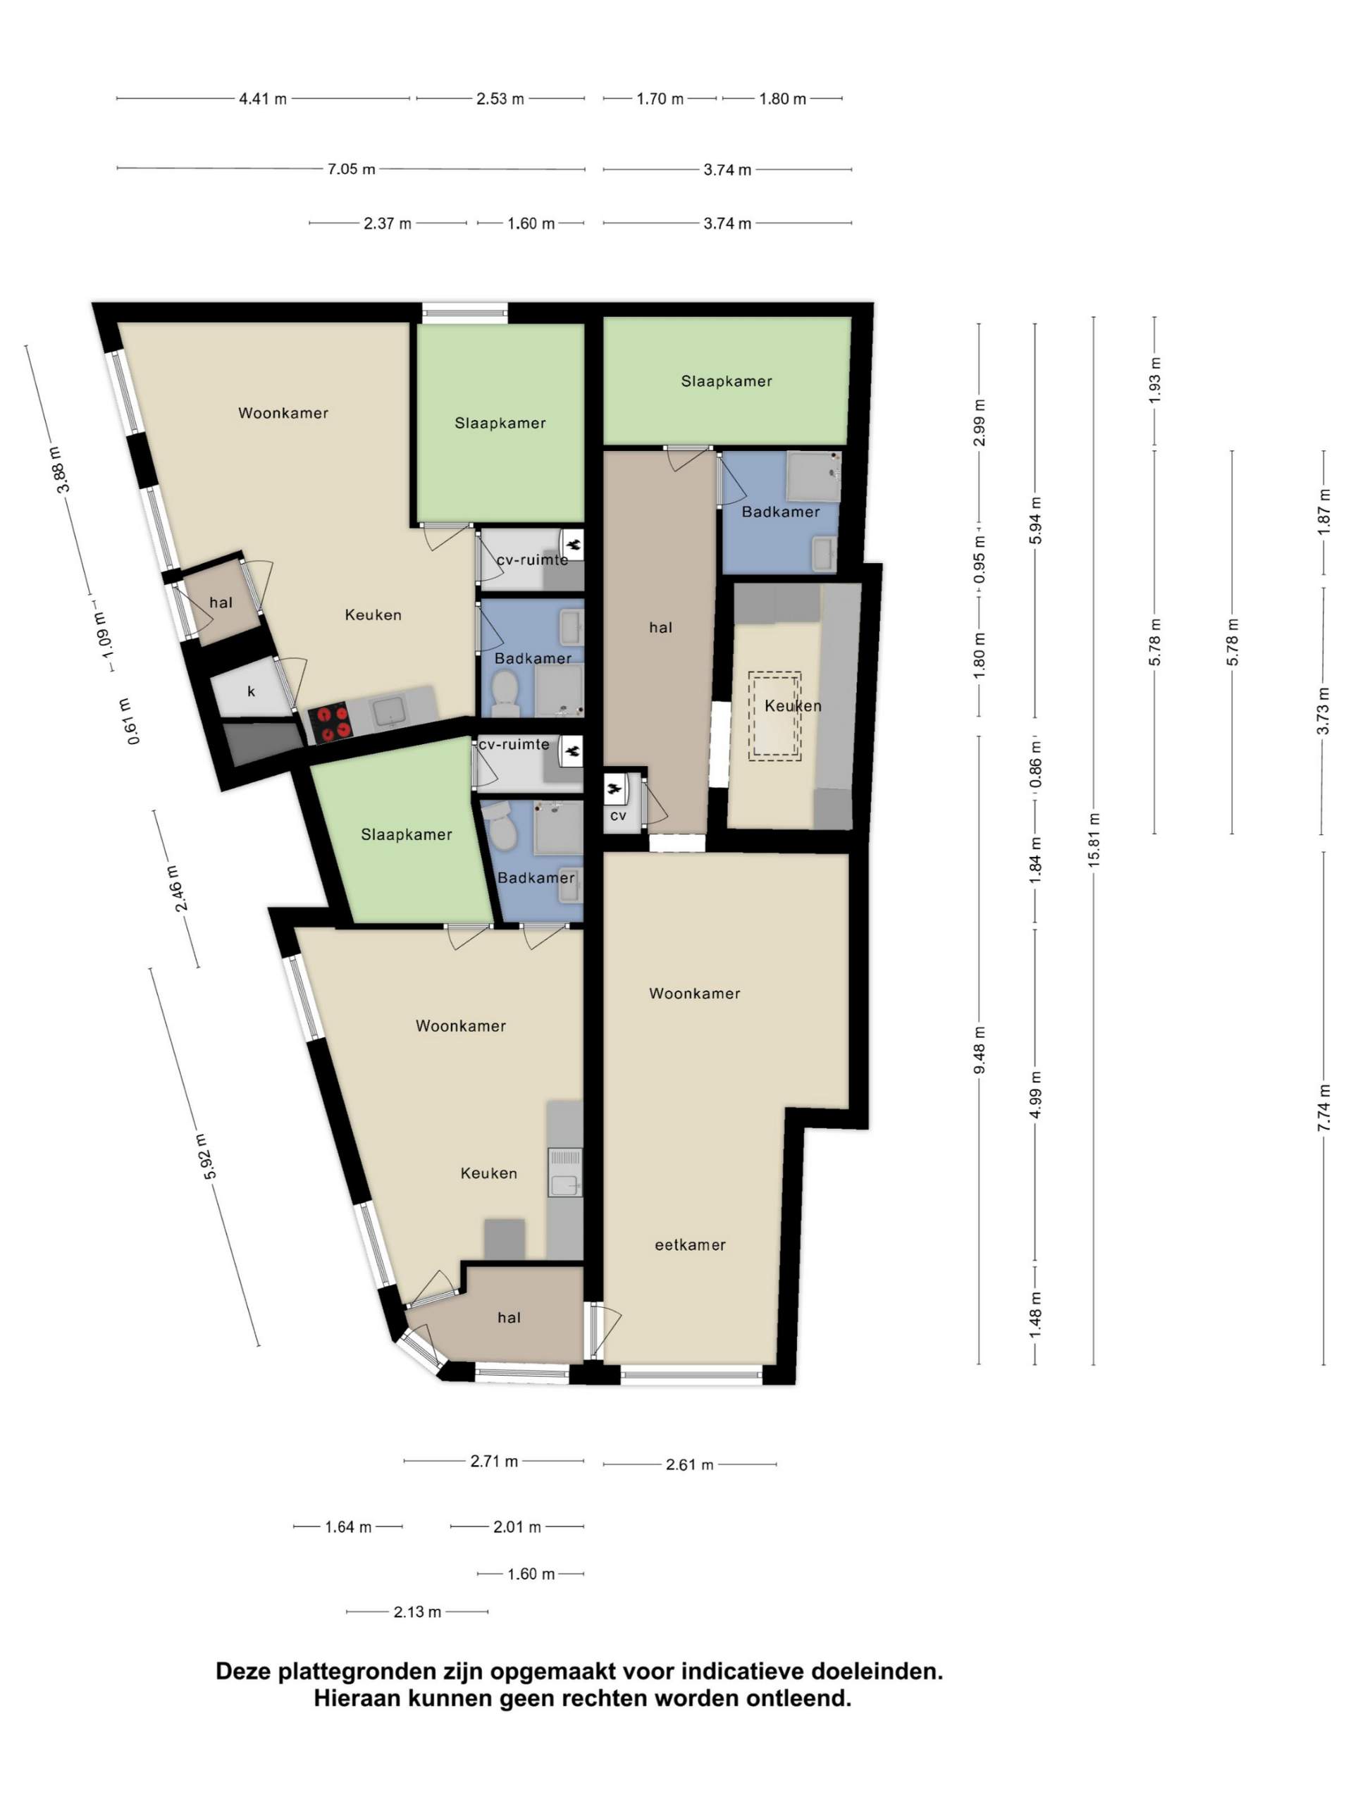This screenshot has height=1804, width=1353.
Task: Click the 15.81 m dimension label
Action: pos(1093,839)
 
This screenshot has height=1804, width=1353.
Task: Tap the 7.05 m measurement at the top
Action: pos(352,170)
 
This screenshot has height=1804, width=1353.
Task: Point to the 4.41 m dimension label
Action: pos(263,99)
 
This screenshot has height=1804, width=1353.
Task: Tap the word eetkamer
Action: pos(690,1244)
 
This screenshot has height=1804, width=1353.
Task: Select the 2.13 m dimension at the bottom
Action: pos(418,1612)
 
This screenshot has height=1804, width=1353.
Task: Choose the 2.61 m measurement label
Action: pos(690,1465)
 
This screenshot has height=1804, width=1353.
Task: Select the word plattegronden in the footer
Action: pos(356,1671)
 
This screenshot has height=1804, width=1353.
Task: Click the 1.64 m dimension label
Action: pos(348,1527)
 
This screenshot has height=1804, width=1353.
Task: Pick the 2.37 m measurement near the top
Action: pos(388,223)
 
